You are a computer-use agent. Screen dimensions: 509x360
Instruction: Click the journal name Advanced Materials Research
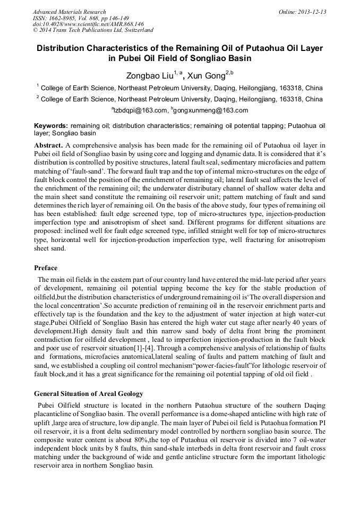click(x=69, y=12)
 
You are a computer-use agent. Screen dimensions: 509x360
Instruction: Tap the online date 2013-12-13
click(x=312, y=12)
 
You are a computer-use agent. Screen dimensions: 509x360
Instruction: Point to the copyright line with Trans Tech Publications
click(x=93, y=31)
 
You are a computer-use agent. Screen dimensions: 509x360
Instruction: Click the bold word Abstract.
click(x=49, y=145)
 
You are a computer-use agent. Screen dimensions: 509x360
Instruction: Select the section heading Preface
click(x=46, y=268)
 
